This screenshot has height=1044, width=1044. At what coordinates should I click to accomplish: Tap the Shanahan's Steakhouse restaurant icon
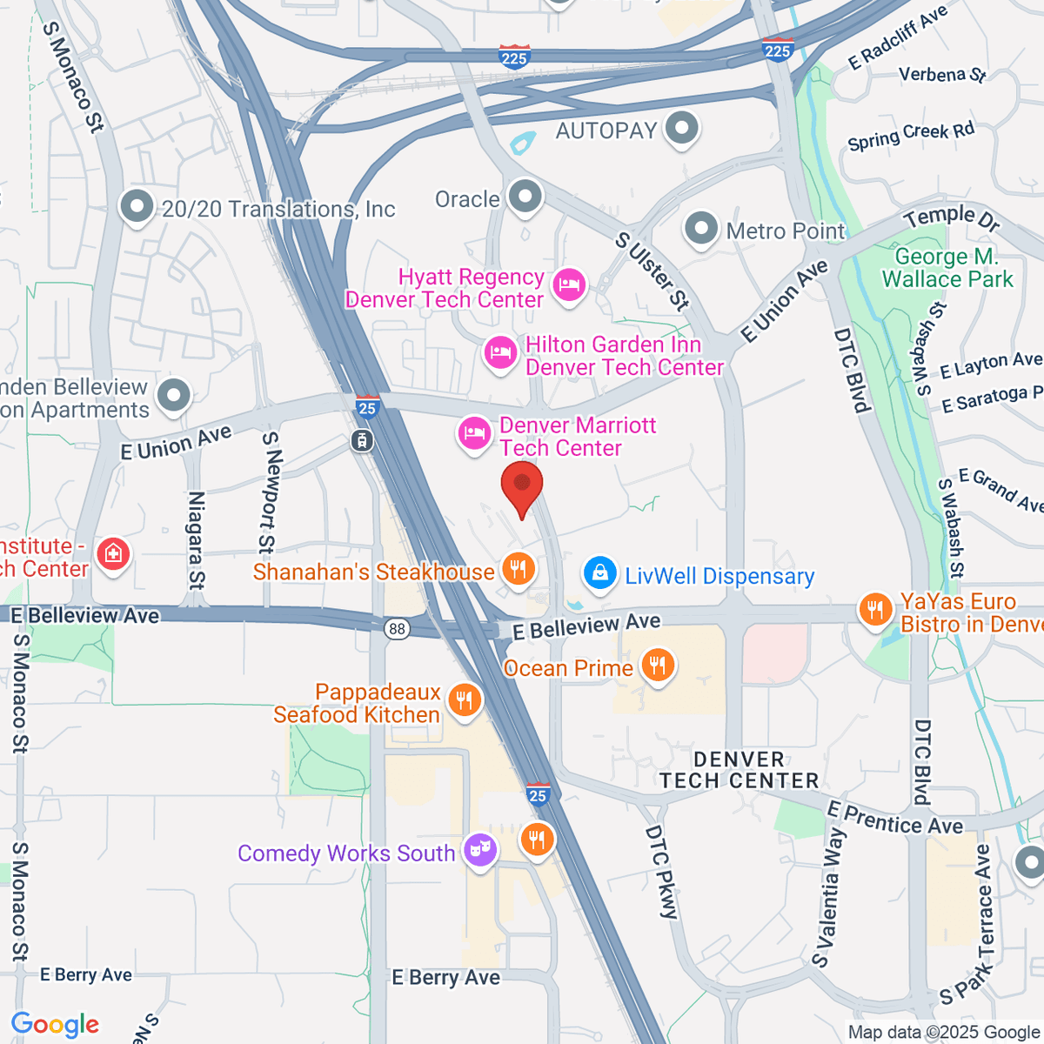tap(519, 570)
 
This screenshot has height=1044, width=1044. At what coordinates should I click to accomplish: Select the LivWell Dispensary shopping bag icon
tap(599, 573)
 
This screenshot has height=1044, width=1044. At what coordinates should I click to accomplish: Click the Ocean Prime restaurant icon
tap(657, 666)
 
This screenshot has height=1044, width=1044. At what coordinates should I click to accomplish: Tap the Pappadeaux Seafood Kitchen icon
tap(465, 700)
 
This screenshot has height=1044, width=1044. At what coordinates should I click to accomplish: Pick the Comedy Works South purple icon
tap(479, 849)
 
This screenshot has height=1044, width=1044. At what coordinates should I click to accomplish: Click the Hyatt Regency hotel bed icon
tap(569, 285)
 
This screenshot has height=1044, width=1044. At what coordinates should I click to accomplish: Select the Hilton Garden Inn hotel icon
tap(500, 353)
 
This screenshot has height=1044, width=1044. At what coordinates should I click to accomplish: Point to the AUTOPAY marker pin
tap(681, 128)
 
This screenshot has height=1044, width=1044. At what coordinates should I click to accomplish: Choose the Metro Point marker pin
tap(701, 229)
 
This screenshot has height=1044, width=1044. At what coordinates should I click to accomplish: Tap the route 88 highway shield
tap(398, 629)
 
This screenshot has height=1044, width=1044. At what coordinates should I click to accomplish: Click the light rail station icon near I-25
tap(362, 440)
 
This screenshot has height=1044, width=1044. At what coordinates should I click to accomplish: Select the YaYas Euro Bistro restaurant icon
tap(875, 610)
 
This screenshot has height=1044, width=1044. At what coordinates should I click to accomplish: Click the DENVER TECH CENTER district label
tap(739, 770)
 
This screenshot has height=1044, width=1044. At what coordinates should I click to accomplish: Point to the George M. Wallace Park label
tap(947, 268)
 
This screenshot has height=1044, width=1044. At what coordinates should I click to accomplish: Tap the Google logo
tap(55, 1024)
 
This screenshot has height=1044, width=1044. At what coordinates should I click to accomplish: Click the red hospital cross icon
tap(113, 554)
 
